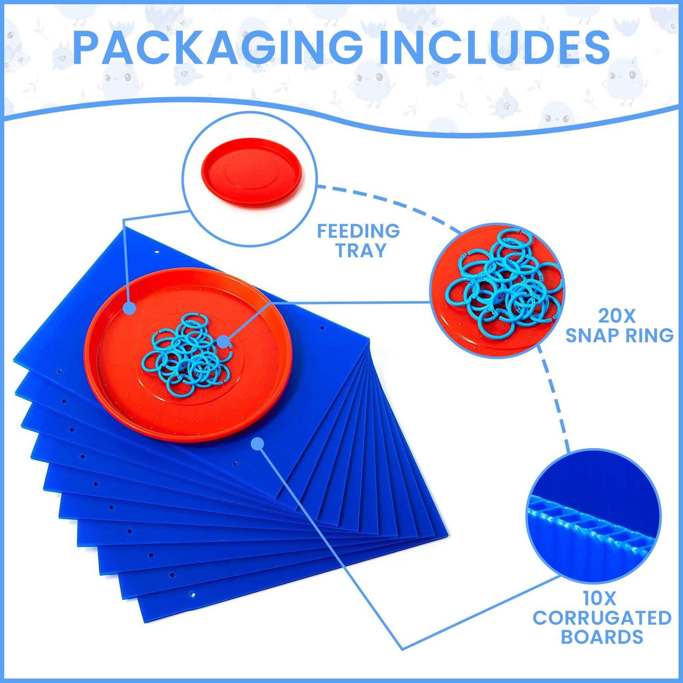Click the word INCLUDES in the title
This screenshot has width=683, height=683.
pyautogui.click(x=494, y=47)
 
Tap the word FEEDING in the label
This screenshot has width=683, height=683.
pyautogui.click(x=358, y=231)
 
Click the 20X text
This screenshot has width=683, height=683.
pyautogui.click(x=617, y=316)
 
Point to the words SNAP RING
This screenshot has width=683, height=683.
pyautogui.click(x=619, y=336)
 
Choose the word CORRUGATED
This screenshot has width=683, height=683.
pyautogui.click(x=602, y=618)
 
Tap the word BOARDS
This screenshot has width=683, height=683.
pyautogui.click(x=602, y=637)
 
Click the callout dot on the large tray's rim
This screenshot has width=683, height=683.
pyautogui.click(x=130, y=308)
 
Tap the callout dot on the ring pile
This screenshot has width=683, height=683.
pyautogui.click(x=223, y=341)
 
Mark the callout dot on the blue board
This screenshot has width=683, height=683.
pyautogui.click(x=258, y=443)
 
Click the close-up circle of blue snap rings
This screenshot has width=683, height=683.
pyautogui.click(x=498, y=291)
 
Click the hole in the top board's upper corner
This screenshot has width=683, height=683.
pyautogui.click(x=157, y=251)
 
